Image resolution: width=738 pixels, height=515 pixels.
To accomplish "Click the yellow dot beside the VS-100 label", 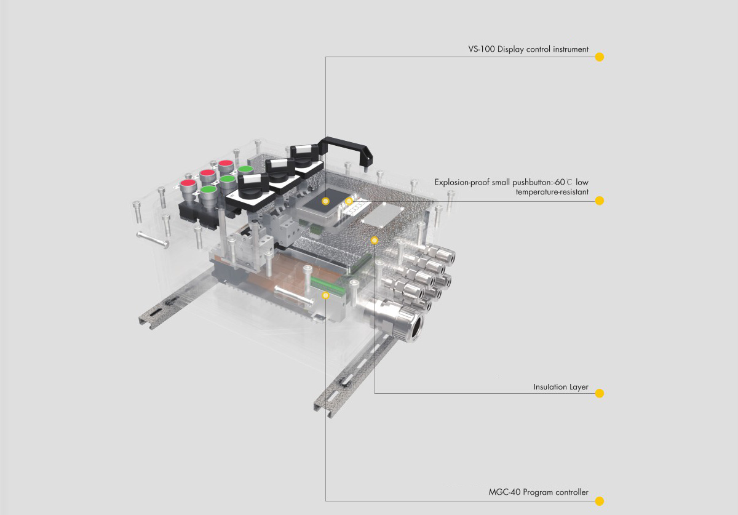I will [x=600, y=57].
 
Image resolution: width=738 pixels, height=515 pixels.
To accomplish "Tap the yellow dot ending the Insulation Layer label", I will [x=600, y=393].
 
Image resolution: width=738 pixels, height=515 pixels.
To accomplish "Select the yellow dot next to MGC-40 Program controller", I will [x=600, y=501].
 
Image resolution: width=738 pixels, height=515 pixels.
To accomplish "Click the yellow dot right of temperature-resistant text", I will [x=600, y=201].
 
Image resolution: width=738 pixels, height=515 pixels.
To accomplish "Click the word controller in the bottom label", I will [x=571, y=492].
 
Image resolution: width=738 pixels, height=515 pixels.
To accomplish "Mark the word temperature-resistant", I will [x=552, y=192].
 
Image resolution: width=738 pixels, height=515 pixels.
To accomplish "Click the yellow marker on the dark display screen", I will [x=326, y=201].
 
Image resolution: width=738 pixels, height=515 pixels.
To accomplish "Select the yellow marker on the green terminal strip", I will [x=326, y=295].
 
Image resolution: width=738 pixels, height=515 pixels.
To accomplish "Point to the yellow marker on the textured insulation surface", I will [x=375, y=239].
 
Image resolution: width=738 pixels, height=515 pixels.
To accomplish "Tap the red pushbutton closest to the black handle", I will [x=226, y=166].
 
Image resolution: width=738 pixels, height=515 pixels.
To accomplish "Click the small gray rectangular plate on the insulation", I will [x=380, y=213].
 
